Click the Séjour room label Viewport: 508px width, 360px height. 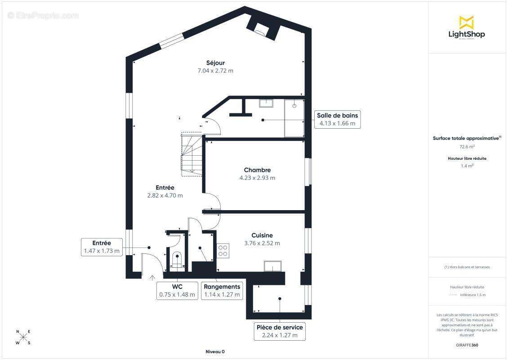[x=215, y=63]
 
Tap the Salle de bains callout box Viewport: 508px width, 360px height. [x=337, y=119]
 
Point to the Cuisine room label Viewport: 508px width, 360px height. [x=262, y=235]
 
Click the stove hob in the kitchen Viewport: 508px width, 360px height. [x=223, y=250]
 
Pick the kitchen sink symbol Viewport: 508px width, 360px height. [x=274, y=266]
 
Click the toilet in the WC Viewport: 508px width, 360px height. [x=178, y=260]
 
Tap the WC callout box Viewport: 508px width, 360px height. [x=177, y=291]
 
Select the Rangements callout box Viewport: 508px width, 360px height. [x=222, y=291]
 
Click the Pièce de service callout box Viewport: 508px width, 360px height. [x=280, y=331]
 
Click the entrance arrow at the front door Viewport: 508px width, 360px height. [x=152, y=278]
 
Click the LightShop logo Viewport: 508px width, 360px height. [x=467, y=28]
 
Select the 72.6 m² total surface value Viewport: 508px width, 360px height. [x=467, y=147]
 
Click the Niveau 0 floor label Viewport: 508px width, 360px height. [x=215, y=352]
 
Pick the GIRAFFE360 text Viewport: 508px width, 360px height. [x=467, y=345]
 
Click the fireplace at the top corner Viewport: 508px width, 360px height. [x=260, y=29]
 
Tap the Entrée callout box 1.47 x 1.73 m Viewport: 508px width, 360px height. [x=102, y=247]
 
